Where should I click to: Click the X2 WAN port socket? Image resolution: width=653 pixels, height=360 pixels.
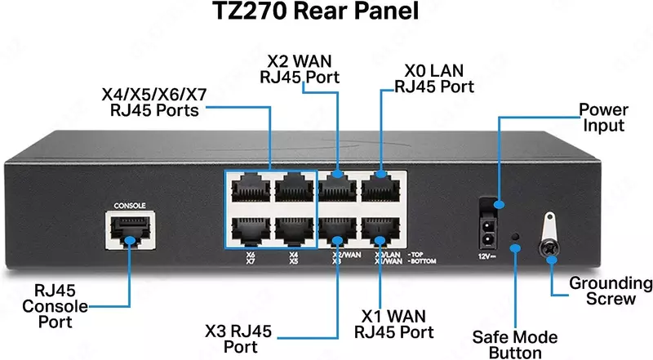pos(334,189)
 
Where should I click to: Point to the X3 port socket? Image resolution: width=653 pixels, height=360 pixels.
pos(334,232)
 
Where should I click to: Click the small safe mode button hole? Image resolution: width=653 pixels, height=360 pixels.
pos(514,240)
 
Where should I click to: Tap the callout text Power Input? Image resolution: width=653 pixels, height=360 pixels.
pos(603,118)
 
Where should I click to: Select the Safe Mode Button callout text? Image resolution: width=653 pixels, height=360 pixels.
pos(516,344)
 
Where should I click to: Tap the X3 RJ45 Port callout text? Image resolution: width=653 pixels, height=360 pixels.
pos(239,340)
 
